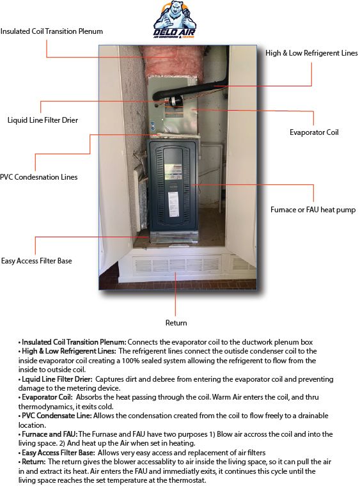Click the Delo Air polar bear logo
(175, 19)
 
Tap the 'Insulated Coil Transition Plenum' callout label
(51, 31)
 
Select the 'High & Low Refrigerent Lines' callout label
(311, 53)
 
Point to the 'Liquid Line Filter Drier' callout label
(43, 120)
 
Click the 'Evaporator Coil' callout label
(314, 132)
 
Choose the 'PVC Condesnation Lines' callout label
(39, 177)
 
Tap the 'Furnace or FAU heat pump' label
(313, 210)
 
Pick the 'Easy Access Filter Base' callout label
(36, 261)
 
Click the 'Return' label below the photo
(176, 323)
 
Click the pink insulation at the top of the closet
(169, 62)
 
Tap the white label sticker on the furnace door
(173, 204)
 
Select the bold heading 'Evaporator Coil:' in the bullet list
(47, 397)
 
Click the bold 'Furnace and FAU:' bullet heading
(50, 434)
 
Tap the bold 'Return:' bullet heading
(34, 462)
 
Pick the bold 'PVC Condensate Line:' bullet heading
(57, 416)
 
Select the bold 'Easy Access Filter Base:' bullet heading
(58, 453)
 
